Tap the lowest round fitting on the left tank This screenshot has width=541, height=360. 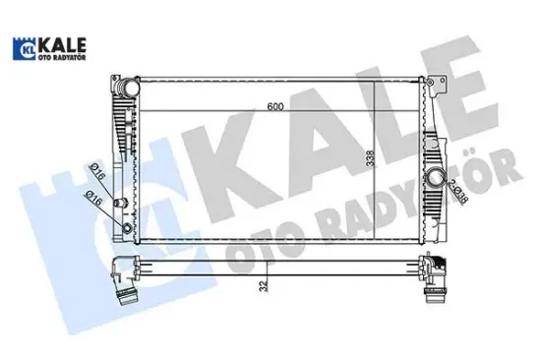pyautogui.click(x=126, y=229)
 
